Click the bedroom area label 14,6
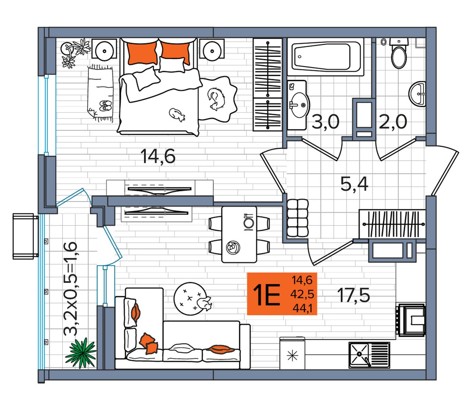(158, 156)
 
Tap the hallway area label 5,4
(354, 184)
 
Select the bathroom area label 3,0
(325, 122)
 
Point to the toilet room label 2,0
(393, 122)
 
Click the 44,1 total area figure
(302, 309)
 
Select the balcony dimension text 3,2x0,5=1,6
(70, 289)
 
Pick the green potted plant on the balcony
(81, 353)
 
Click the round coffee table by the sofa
(190, 299)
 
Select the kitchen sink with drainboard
(369, 355)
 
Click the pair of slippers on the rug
(106, 106)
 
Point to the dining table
(239, 234)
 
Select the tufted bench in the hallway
(298, 218)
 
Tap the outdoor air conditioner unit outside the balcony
(25, 236)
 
